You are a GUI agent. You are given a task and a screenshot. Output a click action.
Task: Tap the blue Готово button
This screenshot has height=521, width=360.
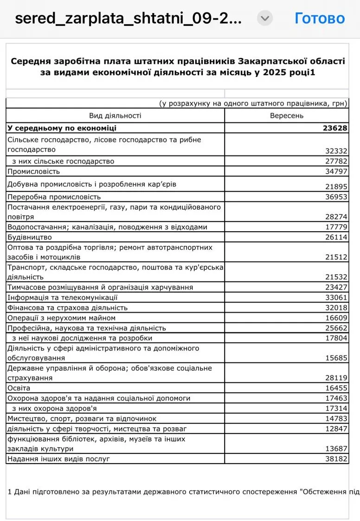point(320,19)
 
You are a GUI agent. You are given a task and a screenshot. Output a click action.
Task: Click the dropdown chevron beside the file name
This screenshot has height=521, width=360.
point(265,19)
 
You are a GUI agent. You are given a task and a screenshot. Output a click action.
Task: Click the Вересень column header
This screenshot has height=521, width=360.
point(287,115)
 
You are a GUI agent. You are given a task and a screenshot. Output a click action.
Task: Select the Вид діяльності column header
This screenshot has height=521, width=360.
point(115,115)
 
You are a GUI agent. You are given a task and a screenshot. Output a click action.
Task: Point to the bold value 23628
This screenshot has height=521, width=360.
point(335,128)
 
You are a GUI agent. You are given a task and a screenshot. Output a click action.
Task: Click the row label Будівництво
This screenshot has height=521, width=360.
point(30,237)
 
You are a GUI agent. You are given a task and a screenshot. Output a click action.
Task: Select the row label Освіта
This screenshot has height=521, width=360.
point(19,388)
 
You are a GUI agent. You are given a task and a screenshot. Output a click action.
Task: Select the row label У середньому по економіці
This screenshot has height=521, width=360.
point(62,128)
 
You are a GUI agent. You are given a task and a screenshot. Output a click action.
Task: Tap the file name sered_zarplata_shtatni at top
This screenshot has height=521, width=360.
point(128,19)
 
